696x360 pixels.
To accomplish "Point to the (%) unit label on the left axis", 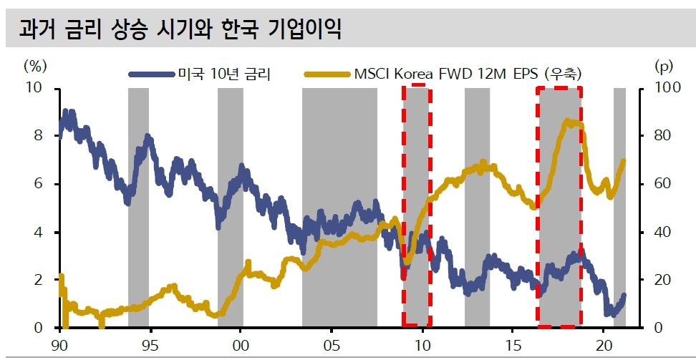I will [36, 66].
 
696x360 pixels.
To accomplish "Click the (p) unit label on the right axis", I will [664, 66].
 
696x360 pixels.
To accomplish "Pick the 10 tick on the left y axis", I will [34, 88].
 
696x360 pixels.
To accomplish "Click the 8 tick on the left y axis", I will [38, 136].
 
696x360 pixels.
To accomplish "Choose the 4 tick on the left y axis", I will [38, 232].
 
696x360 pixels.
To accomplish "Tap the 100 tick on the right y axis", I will [670, 88].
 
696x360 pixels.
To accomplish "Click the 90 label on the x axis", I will [59, 344].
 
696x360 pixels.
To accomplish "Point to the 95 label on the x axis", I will [150, 344].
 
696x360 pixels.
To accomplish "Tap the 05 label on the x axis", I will [332, 344].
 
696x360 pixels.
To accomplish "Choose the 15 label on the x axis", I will [513, 344].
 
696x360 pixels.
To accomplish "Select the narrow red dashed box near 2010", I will [416, 206].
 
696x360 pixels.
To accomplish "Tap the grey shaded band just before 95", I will [138, 208].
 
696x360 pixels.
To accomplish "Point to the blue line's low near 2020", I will [609, 313].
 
